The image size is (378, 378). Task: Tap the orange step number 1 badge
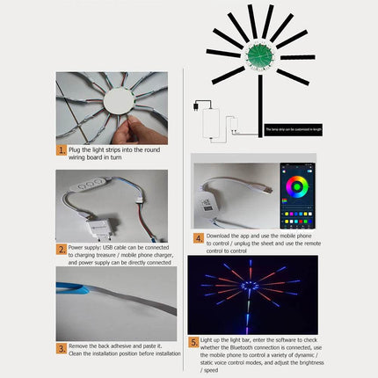tap(62, 150)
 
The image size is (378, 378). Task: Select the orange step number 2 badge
tap(62, 249)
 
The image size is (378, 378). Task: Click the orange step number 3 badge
tap(62, 349)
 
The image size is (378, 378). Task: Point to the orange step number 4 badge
tap(199, 237)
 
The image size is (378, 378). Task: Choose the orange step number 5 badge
tap(194, 342)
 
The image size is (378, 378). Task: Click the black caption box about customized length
tap(289, 129)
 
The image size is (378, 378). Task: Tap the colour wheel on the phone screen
tap(296, 187)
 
